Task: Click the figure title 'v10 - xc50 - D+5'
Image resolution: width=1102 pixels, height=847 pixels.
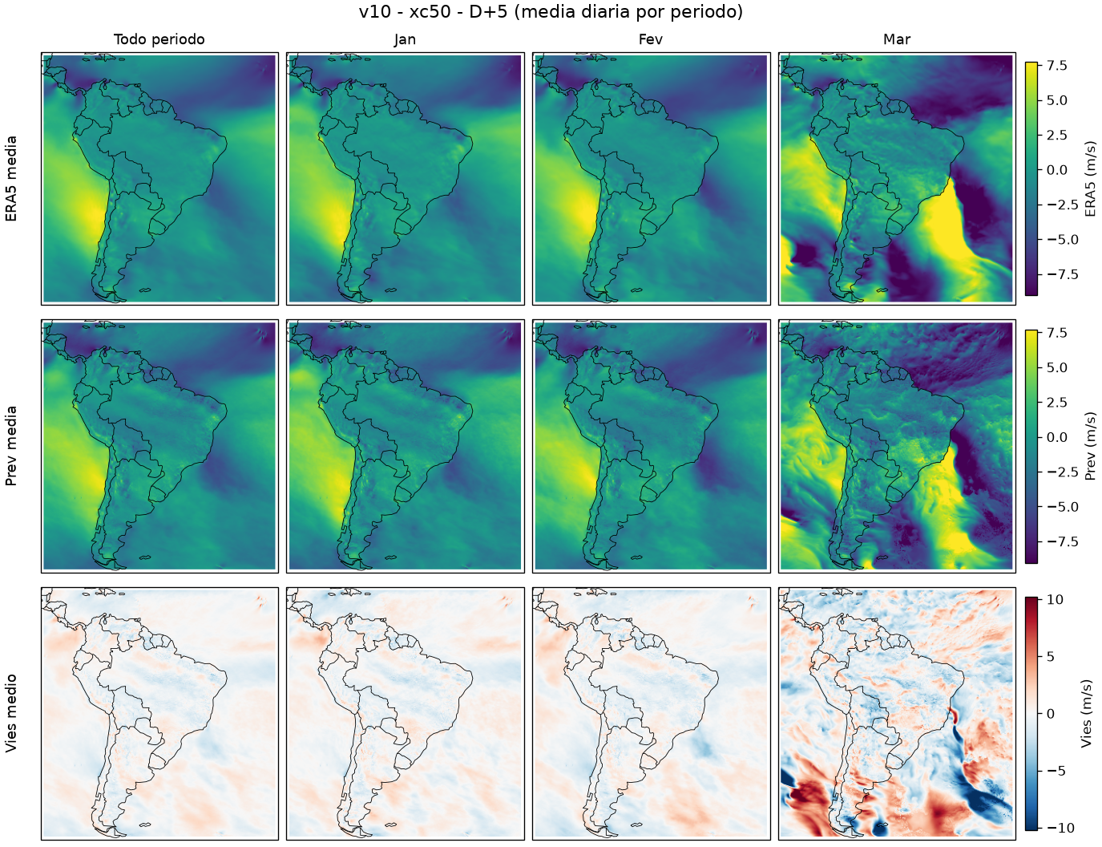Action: (433, 12)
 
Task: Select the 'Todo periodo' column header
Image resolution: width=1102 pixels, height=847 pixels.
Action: (159, 39)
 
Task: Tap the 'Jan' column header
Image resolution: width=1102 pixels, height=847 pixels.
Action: (405, 39)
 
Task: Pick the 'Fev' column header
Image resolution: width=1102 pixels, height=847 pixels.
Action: (651, 39)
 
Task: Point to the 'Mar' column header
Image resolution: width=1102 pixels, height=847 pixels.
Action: (897, 39)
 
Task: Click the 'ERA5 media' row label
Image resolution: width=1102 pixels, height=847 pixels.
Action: (11, 179)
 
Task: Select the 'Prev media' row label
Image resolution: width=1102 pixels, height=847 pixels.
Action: (11, 446)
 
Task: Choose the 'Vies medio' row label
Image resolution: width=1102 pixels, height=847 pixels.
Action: (11, 713)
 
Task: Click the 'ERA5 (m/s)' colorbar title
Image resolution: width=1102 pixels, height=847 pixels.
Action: (1090, 179)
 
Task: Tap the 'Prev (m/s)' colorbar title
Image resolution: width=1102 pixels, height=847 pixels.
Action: (1090, 446)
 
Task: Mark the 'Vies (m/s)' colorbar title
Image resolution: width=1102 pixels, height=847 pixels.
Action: (1085, 713)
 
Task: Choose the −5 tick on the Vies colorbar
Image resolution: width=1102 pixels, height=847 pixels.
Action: (1046, 771)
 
